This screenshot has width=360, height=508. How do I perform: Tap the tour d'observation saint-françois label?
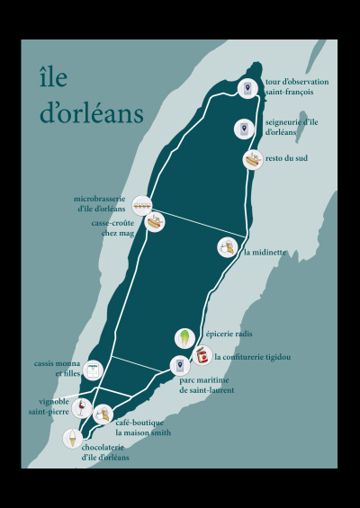296,87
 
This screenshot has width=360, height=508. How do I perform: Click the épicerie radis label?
229,334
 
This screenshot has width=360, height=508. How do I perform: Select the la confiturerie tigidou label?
253,357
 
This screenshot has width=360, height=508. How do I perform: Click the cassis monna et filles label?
56,368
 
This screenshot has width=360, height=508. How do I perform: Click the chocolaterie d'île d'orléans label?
106,451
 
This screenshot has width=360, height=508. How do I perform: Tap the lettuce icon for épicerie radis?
184,338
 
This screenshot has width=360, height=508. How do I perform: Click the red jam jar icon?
203,357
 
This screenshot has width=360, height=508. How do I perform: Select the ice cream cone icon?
72,438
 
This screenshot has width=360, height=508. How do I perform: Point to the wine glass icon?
80,407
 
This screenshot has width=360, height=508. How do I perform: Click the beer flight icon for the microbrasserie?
141,204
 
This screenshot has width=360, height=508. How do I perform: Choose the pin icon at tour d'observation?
248,87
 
